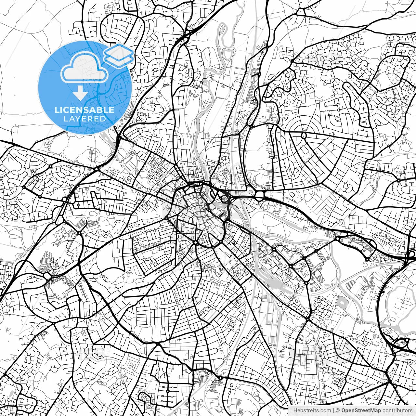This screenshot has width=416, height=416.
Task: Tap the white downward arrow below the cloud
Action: [x=80, y=93]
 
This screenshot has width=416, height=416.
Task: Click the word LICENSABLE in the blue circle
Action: [x=84, y=110]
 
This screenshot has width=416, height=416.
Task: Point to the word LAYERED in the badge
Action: [x=84, y=119]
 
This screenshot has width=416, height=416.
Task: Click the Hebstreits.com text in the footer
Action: [x=312, y=411]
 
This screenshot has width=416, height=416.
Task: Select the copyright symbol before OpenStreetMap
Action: [x=338, y=411]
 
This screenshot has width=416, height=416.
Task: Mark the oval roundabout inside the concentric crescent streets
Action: [x=304, y=135]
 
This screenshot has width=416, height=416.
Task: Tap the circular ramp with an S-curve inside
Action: [x=224, y=198]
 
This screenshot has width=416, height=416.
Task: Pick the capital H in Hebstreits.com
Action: [x=295, y=411]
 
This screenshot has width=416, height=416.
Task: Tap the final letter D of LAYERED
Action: [x=103, y=119]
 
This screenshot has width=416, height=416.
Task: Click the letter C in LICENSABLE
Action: [x=68, y=110]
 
